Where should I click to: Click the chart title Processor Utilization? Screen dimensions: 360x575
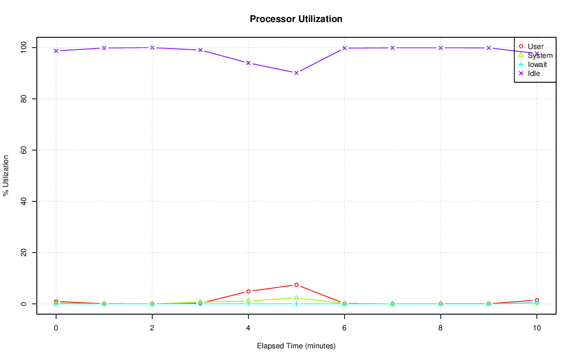coord(296,19)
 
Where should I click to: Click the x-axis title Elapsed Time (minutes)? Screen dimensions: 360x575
coord(296,346)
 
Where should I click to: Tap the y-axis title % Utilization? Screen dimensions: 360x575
coord(6,175)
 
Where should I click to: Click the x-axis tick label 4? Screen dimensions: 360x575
coord(248,328)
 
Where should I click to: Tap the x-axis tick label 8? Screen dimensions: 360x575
coord(440,328)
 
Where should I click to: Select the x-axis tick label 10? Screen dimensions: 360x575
coord(536,328)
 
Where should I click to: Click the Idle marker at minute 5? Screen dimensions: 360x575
coord(296,73)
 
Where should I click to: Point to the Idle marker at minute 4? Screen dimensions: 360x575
coord(248,63)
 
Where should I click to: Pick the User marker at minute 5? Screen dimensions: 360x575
coord(296,285)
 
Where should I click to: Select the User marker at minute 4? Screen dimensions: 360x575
coord(248,291)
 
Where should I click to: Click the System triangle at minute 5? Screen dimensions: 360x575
coord(296,298)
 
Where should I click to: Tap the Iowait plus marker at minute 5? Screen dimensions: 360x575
coord(296,304)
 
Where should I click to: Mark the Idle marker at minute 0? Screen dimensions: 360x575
coord(56,51)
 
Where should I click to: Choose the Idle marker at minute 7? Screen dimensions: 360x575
coord(392,48)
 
